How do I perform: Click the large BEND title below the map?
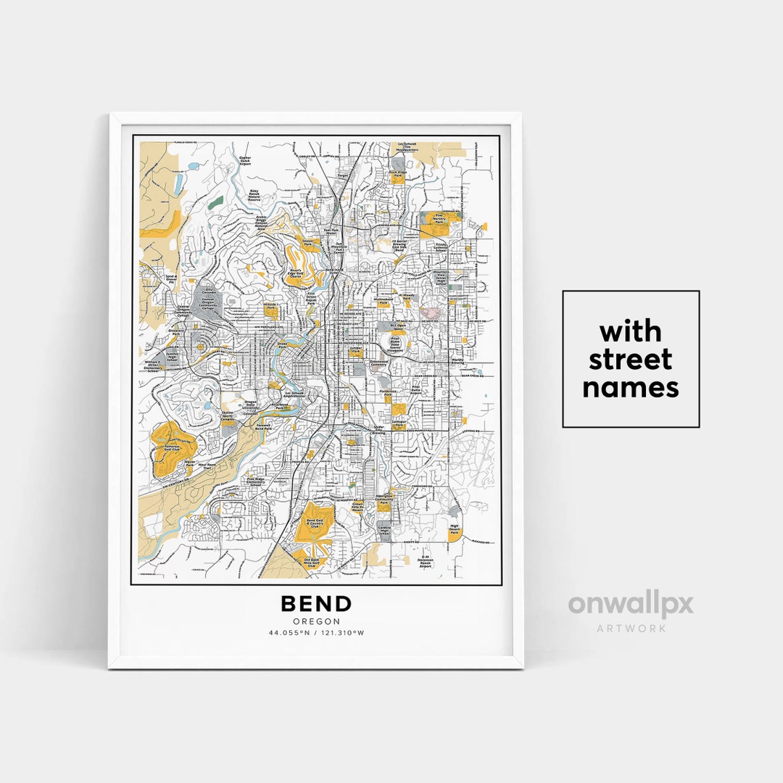tap(316, 604)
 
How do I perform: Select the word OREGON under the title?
tap(316, 621)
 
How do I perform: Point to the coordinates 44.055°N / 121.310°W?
tap(316, 633)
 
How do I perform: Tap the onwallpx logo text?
tap(630, 605)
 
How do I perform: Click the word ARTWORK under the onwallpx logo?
tap(631, 628)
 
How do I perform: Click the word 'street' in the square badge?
tap(630, 360)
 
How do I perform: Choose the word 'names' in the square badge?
tap(630, 388)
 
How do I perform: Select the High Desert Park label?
tap(455, 529)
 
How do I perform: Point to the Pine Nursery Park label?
tap(439, 217)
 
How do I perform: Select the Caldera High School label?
tap(394, 531)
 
